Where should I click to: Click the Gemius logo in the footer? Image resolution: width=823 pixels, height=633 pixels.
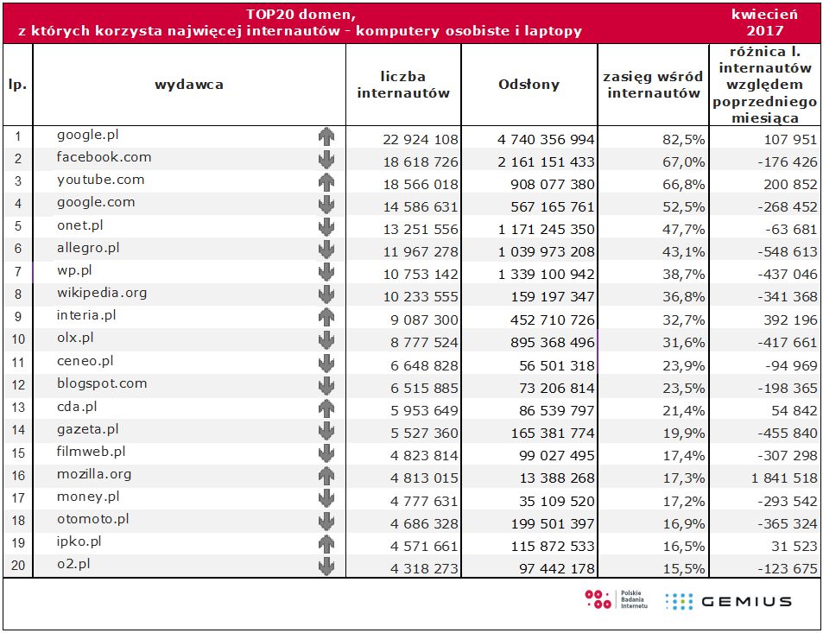point(728,601)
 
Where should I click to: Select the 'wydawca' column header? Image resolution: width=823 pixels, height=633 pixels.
point(189,85)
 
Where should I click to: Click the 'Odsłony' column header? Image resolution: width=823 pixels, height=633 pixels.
point(529,85)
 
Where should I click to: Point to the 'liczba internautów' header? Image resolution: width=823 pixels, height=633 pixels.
point(403,85)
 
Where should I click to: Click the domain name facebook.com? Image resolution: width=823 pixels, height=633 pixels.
point(104,157)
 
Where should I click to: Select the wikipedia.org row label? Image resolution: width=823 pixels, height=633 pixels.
point(102,292)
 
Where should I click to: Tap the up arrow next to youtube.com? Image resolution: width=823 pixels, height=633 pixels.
point(326,181)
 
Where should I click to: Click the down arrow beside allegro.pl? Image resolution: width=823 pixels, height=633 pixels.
point(326,249)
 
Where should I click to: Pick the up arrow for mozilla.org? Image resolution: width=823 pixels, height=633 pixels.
point(326,475)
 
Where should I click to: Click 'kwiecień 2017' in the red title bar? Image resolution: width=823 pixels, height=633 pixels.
point(763,22)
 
